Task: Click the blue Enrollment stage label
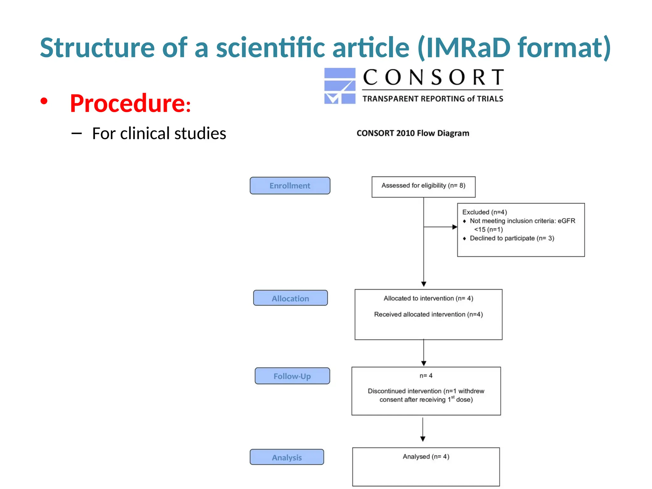(x=290, y=186)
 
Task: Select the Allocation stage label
(x=290, y=298)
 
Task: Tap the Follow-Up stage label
(x=292, y=376)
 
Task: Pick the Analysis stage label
(x=287, y=457)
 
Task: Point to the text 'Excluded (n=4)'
(x=484, y=212)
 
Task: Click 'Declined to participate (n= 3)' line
(x=512, y=238)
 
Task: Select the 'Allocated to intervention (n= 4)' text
(x=428, y=298)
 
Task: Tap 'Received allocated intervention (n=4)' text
(x=428, y=314)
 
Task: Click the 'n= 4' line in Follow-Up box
(x=426, y=376)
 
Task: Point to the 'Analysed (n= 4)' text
(x=426, y=457)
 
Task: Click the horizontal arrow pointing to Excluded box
(x=441, y=227)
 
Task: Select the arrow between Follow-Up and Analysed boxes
(x=423, y=430)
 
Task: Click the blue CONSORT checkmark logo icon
(x=339, y=86)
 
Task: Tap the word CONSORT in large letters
(x=433, y=77)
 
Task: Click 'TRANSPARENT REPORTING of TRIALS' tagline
(x=433, y=99)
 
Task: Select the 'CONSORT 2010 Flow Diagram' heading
(x=413, y=133)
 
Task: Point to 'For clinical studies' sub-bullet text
(x=159, y=133)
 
